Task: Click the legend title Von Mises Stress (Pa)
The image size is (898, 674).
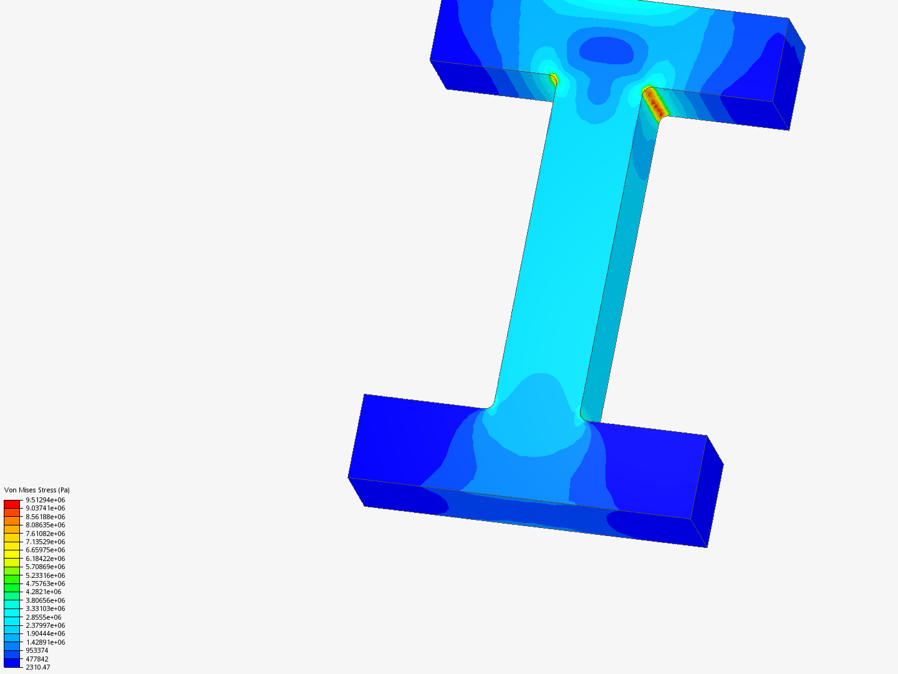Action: point(37,490)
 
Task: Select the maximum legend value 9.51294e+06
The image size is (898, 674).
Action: point(46,500)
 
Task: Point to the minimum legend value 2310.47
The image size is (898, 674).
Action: point(38,667)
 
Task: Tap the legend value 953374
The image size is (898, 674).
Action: point(37,650)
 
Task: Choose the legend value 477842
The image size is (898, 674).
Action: point(37,659)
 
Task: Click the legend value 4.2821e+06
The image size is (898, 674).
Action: point(44,592)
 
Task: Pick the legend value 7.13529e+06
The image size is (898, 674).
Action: point(46,542)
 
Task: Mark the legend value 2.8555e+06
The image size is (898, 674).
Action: point(44,617)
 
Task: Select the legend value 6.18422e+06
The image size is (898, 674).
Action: point(46,559)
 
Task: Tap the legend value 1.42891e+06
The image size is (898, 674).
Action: point(46,642)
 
